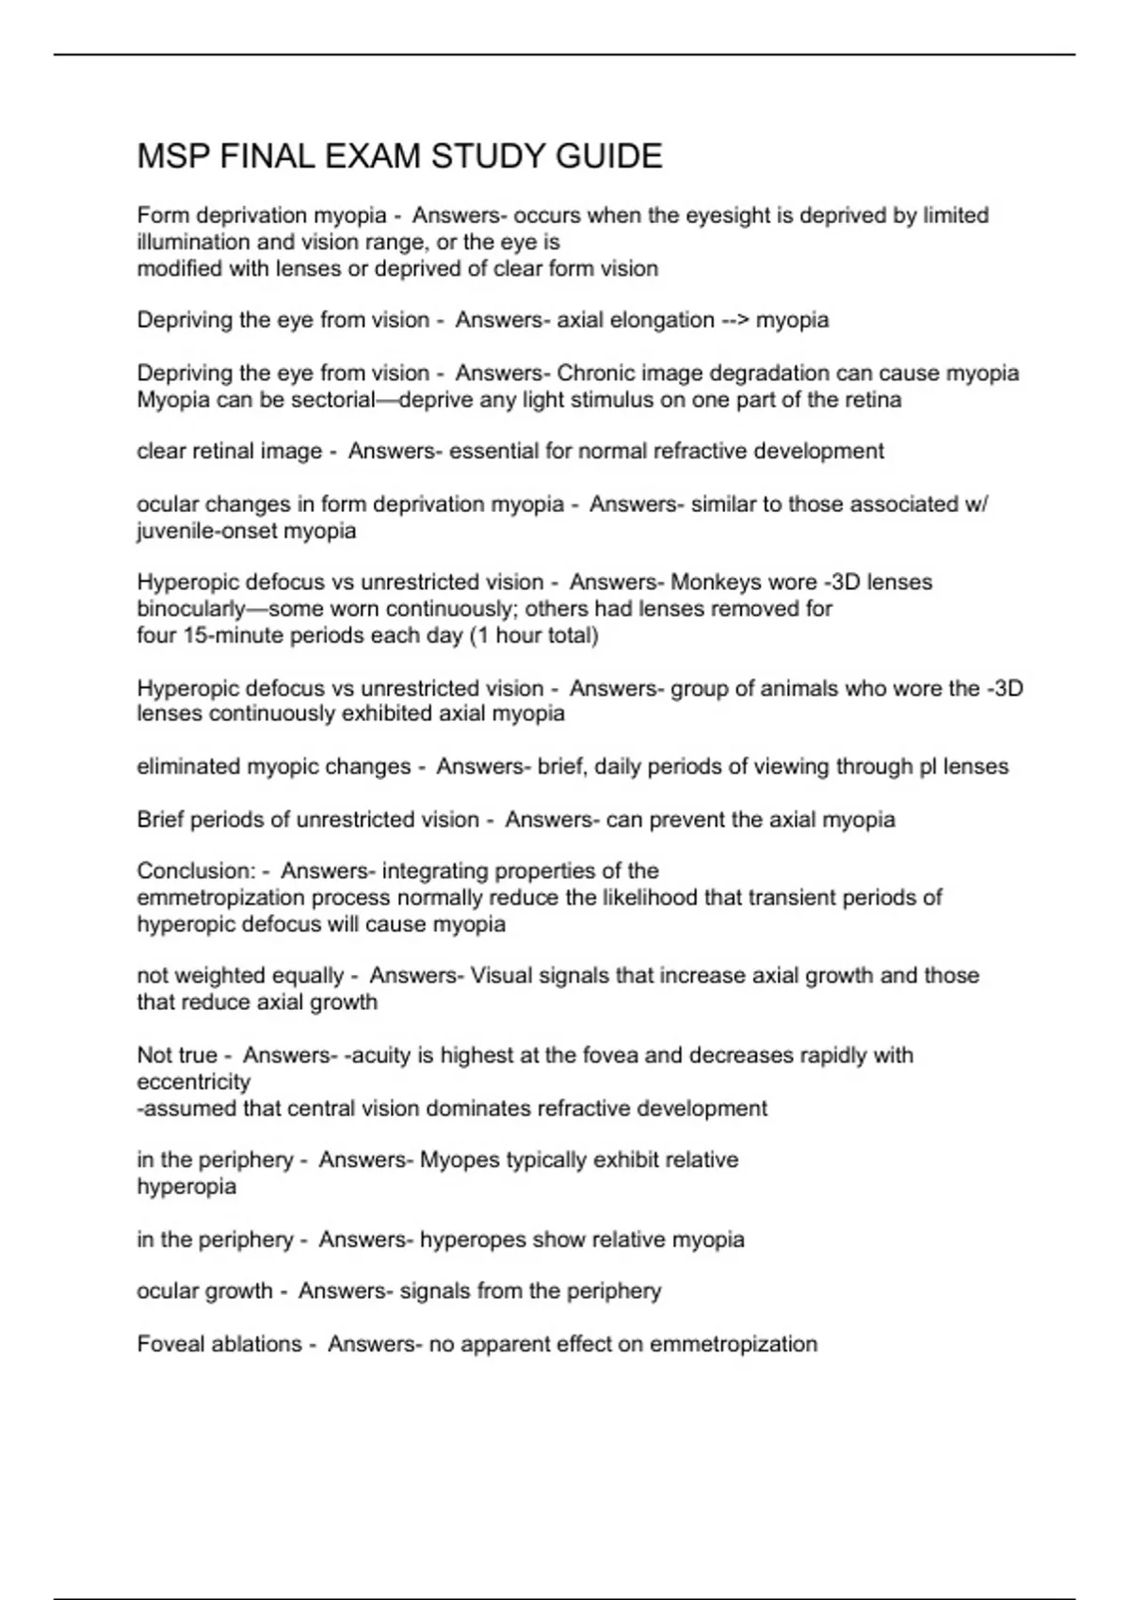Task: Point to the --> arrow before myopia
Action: tap(735, 320)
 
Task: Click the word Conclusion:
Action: tap(196, 871)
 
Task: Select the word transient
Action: tap(742, 898)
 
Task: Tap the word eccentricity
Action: tap(194, 1082)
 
